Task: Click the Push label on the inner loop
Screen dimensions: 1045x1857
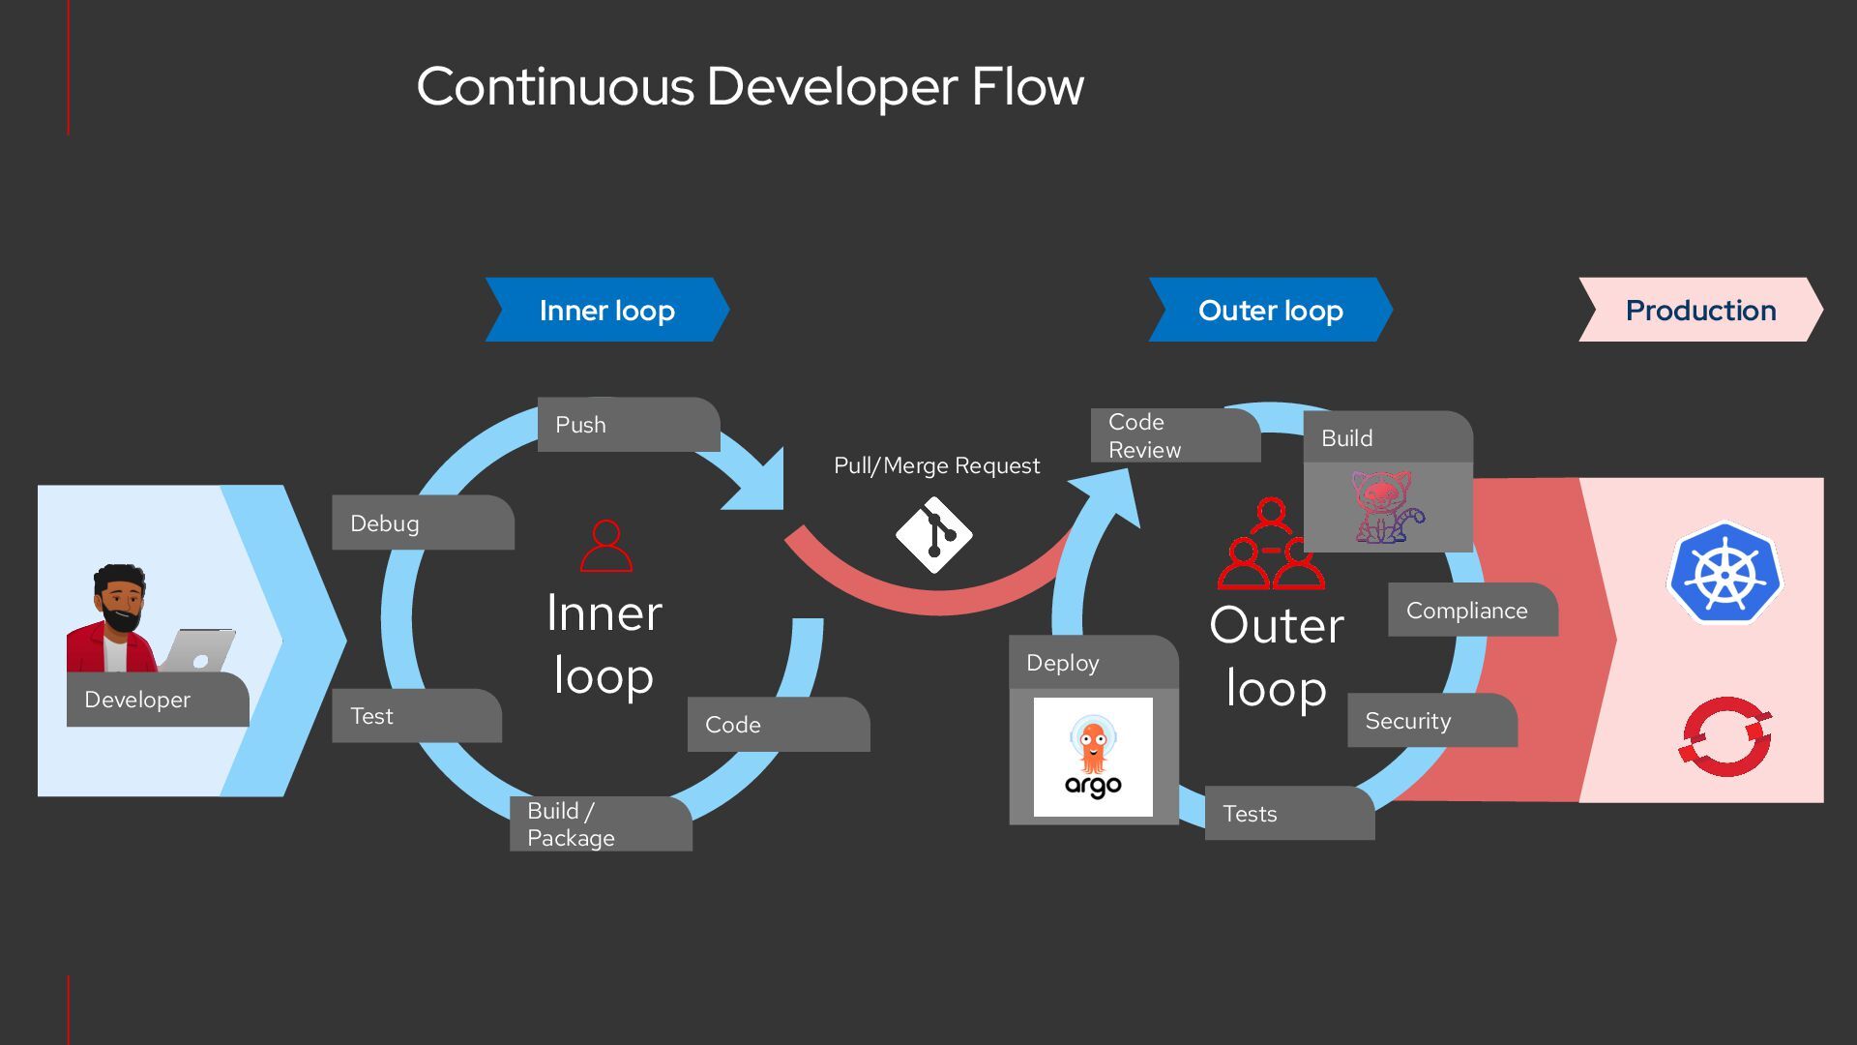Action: coord(627,425)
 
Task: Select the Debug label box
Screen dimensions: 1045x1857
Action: coord(422,523)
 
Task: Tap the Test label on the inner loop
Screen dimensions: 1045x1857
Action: coord(416,716)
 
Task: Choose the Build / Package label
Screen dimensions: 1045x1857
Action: coord(600,824)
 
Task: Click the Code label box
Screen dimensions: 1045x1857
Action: coord(778,725)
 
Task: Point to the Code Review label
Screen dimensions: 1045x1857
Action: coord(1174,435)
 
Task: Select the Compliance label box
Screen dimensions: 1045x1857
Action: coord(1472,611)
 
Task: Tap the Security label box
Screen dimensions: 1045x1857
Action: coord(1431,721)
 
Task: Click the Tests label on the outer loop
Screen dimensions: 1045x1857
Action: coord(1288,814)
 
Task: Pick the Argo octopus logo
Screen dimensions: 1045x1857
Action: coord(1093,758)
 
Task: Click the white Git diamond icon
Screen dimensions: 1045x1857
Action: coord(933,535)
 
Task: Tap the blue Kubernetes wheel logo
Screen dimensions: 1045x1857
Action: coord(1724,574)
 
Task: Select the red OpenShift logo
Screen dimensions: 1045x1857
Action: coord(1725,736)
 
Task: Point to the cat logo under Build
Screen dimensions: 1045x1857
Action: coord(1387,506)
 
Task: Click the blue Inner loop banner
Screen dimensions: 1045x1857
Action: coord(607,311)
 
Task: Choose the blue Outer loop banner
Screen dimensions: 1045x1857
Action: coord(1270,311)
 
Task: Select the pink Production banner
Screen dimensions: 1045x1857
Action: coord(1700,311)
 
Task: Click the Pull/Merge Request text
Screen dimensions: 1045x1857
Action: coord(936,466)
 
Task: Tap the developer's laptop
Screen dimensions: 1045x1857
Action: coord(199,651)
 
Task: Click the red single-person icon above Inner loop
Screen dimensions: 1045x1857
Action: coord(605,547)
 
